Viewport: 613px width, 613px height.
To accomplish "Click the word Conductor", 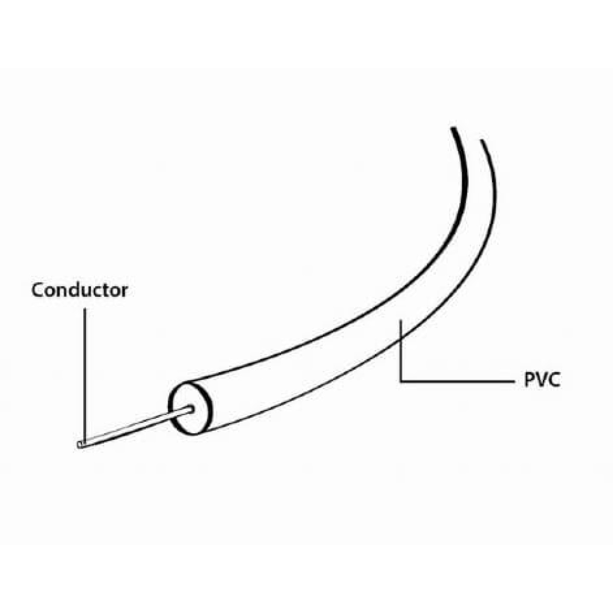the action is (x=80, y=290).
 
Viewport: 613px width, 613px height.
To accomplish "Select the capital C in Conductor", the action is (x=38, y=290).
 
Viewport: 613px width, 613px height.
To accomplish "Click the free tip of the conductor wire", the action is (x=80, y=445).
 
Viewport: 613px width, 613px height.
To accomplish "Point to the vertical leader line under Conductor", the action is (x=85, y=375).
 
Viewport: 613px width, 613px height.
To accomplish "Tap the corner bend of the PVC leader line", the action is (x=401, y=381).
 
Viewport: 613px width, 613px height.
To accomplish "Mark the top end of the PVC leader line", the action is (x=401, y=320).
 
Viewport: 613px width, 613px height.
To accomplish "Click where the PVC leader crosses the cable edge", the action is (x=401, y=339).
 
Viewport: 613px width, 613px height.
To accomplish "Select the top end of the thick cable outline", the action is (x=453, y=129).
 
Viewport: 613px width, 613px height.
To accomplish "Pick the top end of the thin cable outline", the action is (x=482, y=140).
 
